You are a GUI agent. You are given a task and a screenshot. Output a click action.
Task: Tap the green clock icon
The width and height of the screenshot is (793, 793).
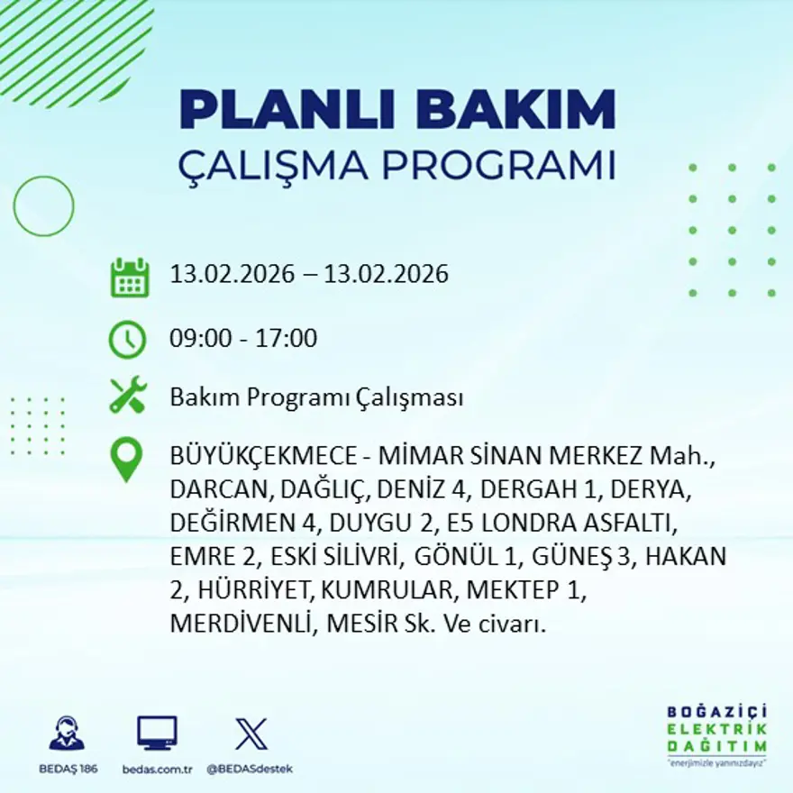tap(127, 339)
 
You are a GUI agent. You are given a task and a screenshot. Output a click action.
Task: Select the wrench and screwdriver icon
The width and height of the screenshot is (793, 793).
tap(127, 396)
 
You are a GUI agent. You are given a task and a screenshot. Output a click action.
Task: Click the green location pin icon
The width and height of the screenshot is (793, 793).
tap(126, 458)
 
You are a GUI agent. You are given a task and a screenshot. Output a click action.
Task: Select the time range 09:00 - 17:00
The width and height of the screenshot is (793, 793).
tap(243, 339)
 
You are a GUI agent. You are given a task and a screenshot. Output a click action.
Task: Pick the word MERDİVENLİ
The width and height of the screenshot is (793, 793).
tap(238, 624)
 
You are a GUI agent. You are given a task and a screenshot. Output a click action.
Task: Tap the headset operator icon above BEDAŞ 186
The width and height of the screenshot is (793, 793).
tap(67, 734)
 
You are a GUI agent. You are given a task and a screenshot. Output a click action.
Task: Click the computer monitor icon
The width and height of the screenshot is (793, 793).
tap(157, 734)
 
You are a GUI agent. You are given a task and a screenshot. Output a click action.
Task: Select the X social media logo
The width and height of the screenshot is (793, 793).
tap(251, 734)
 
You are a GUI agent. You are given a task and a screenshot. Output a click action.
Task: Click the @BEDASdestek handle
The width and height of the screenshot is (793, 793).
tap(250, 769)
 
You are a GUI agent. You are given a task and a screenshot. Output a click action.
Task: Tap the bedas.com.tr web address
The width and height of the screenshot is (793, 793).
tap(158, 769)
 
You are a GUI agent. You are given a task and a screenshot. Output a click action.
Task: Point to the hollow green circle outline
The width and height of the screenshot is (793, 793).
tap(43, 206)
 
